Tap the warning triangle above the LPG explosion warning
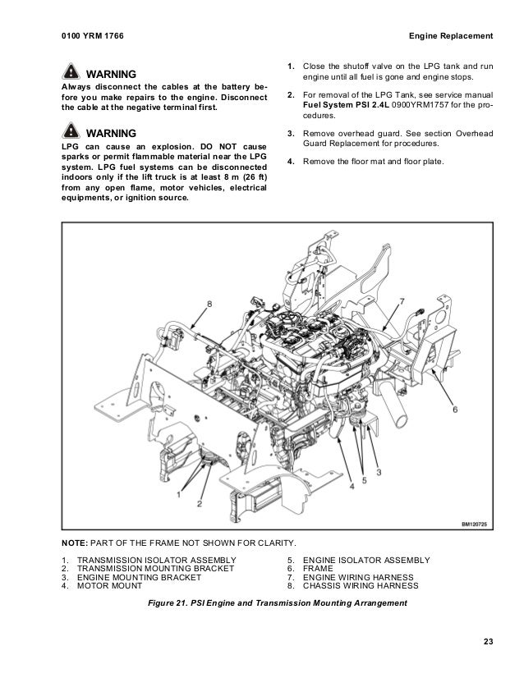coord(71,132)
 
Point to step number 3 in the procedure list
coord(290,133)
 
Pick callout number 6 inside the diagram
coord(455,408)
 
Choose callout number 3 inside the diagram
coord(379,472)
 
